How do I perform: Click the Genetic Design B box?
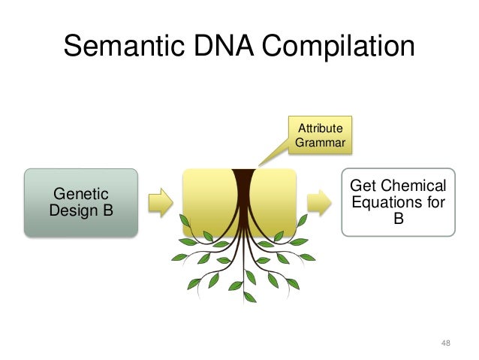tap(81, 202)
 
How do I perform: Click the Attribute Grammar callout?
tap(321, 132)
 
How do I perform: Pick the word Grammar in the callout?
tap(321, 141)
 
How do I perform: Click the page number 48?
tap(446, 343)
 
